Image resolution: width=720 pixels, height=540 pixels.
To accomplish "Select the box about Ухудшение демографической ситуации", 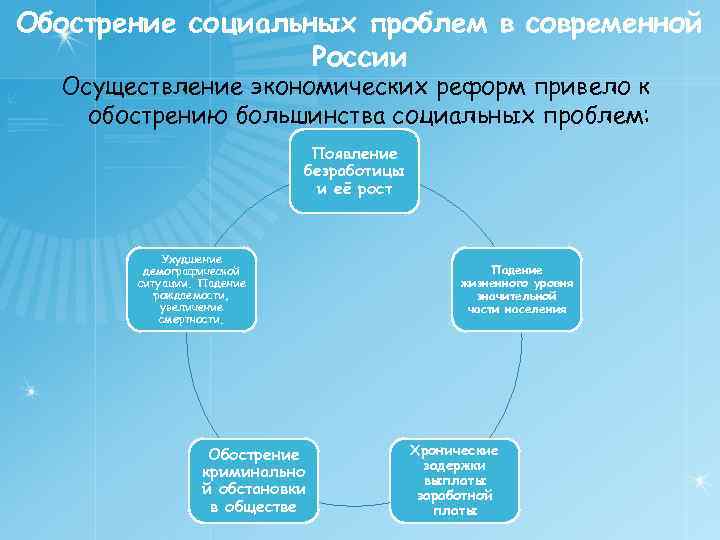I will (192, 290).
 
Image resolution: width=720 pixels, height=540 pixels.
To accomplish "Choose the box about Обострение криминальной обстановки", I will (253, 480).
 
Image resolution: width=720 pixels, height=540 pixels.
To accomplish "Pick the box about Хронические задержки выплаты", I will (455, 480).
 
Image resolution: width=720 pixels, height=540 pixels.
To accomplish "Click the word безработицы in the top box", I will (354, 171).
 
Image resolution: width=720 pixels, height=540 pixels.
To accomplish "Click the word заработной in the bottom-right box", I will (455, 495).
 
